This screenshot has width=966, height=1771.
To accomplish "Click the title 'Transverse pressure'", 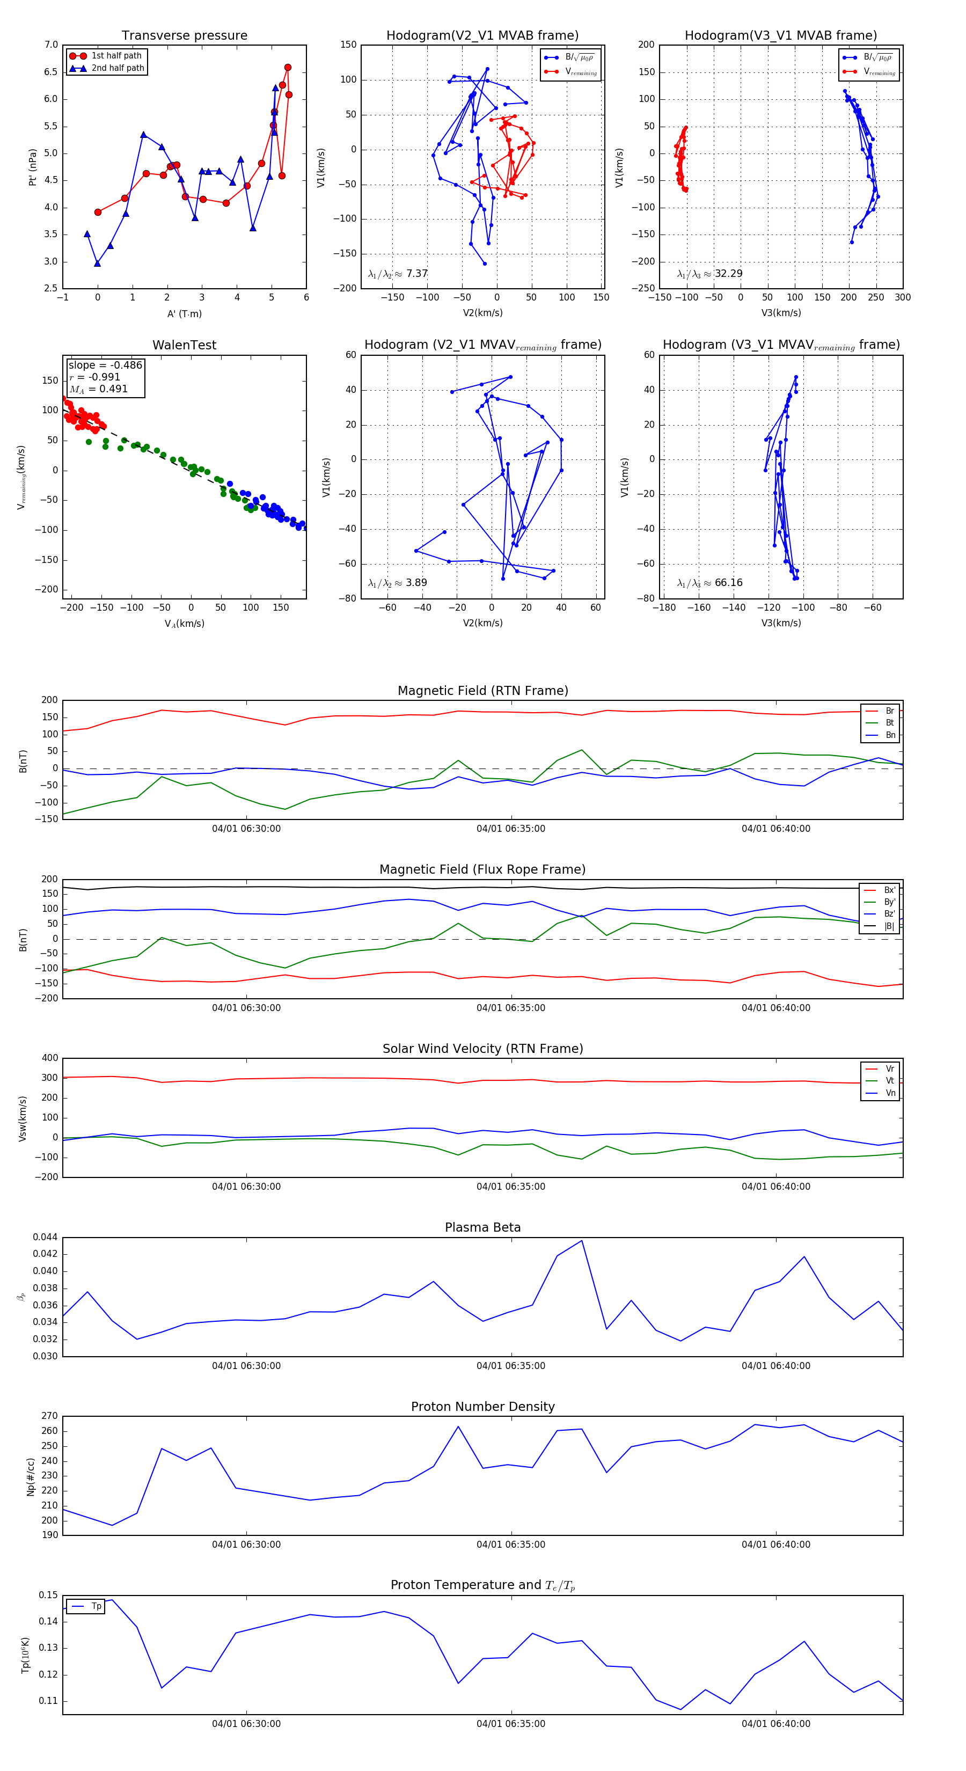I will (x=184, y=36).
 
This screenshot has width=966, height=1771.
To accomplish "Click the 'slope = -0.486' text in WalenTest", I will (x=105, y=365).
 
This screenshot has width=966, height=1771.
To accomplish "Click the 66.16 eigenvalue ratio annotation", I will (x=710, y=583).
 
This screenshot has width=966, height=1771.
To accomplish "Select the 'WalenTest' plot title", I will (x=184, y=345).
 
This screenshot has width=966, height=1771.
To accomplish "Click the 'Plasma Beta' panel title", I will (x=482, y=1227).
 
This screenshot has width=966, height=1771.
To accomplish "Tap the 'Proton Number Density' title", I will (x=482, y=1406).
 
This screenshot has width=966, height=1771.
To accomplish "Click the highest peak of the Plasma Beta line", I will (x=582, y=1240).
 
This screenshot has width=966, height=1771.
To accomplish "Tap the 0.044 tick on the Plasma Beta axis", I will (x=46, y=1237).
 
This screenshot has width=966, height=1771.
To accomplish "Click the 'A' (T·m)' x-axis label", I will (x=184, y=313).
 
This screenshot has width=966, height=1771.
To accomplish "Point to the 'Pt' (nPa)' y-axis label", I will (x=32, y=167).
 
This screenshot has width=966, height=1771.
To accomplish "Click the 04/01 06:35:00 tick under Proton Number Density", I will (x=511, y=1544).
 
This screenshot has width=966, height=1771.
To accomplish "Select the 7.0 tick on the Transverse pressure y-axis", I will (x=51, y=45).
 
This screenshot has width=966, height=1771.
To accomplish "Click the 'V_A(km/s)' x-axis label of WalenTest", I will (x=184, y=624).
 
